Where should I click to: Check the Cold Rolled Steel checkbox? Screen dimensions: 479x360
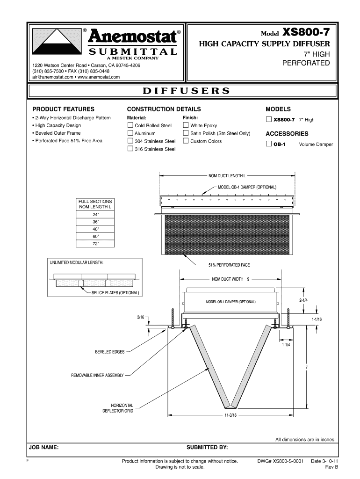[131, 125]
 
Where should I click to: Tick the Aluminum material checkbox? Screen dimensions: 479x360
[131, 133]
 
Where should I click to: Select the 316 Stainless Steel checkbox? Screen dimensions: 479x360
[131, 149]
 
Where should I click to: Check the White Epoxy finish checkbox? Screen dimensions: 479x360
[186, 125]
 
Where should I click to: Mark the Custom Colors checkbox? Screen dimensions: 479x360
[186, 141]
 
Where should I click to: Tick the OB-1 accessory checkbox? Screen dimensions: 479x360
[268, 144]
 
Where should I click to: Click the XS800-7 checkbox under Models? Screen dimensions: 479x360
[268, 119]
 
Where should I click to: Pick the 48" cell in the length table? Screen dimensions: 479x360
[95, 229]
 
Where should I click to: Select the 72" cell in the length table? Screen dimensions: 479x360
[95, 244]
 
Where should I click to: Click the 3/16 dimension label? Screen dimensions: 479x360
[141, 317]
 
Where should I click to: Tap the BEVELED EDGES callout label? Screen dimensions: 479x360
[110, 352]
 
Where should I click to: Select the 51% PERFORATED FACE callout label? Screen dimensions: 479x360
[229, 265]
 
